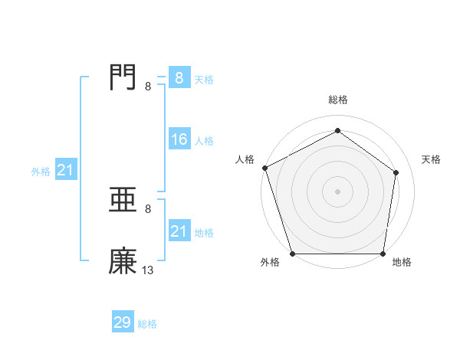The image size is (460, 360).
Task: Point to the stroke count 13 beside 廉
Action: [148, 270]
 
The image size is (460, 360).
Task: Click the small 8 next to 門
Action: [148, 86]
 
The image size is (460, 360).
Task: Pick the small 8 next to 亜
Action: [148, 209]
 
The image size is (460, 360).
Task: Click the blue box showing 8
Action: [179, 77]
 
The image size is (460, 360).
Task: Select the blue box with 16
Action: [179, 139]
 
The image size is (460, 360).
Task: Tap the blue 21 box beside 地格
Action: [179, 231]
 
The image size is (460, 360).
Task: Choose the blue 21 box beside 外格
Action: [65, 170]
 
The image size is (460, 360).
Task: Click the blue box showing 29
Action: [123, 322]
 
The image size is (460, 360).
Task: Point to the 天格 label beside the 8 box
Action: [204, 79]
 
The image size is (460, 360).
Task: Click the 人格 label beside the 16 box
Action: [204, 141]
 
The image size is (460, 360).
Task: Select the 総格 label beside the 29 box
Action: [147, 324]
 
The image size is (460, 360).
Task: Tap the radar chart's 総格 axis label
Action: [338, 100]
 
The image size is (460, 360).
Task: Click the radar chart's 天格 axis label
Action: [432, 159]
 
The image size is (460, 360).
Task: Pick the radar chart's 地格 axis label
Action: [402, 263]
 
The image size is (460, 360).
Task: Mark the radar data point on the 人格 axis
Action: [264, 168]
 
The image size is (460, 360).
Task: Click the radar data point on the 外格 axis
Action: [293, 254]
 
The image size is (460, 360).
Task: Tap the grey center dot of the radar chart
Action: [337, 191]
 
